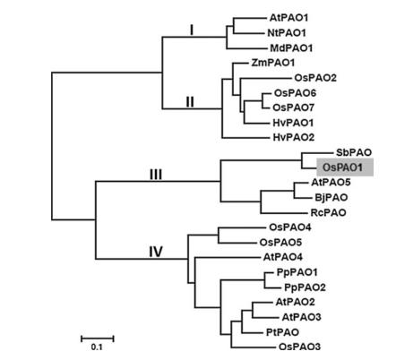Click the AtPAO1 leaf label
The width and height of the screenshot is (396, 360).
point(288,18)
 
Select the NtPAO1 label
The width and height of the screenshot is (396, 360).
point(287,33)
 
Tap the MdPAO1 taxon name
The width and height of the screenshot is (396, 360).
point(291,47)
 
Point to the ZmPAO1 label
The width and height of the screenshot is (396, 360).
point(273,63)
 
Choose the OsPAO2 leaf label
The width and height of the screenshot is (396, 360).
point(315,78)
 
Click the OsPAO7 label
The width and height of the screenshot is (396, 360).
point(294,107)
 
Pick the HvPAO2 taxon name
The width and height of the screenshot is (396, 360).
point(294,137)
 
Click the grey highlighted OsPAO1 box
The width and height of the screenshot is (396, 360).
point(345,167)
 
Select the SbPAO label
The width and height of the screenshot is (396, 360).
point(354,152)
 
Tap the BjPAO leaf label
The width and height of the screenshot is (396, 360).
point(331,197)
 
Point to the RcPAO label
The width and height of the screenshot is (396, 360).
point(329,212)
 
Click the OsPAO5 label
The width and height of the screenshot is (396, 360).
point(280,242)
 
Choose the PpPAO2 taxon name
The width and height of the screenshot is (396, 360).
point(305,287)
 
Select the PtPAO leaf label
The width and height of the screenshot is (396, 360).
point(282,332)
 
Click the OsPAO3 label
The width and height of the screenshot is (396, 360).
point(299,347)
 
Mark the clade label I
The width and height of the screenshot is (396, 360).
point(192,30)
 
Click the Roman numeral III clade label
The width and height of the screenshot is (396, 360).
point(156,175)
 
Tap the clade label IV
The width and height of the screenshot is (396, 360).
point(156,252)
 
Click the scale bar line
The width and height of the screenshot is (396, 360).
point(98,339)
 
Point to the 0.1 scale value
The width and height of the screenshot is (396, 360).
point(97,347)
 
